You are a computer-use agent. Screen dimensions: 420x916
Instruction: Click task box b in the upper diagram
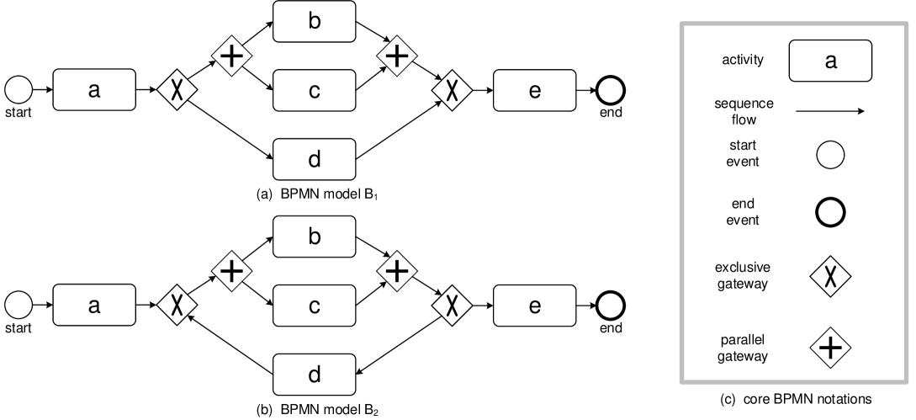tap(314, 22)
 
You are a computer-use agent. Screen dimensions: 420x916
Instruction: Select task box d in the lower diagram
tap(314, 375)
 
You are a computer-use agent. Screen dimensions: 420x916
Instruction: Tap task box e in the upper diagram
tap(534, 90)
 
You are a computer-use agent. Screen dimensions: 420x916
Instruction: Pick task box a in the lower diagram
tap(94, 305)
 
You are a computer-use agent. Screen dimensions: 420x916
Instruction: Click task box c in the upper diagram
tap(314, 90)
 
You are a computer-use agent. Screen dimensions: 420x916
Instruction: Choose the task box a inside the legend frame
tap(829, 61)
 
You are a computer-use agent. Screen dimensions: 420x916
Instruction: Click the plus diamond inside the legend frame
tap(830, 347)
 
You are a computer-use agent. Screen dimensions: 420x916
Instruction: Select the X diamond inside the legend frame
tap(830, 276)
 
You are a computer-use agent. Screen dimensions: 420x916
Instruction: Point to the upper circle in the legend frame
tap(830, 155)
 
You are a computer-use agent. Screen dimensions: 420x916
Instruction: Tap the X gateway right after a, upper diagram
tap(177, 90)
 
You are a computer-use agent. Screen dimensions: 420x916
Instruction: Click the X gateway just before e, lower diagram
tap(452, 305)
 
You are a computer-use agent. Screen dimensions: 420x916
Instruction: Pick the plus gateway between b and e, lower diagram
tap(397, 270)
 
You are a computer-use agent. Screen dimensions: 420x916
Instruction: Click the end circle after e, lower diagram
tap(610, 305)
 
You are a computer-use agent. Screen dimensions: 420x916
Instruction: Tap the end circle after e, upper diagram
tap(610, 90)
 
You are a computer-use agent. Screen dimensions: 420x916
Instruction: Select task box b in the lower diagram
tap(314, 237)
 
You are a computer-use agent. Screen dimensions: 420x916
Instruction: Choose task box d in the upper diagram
tap(314, 159)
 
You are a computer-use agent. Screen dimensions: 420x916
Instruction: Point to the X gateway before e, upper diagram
tap(452, 90)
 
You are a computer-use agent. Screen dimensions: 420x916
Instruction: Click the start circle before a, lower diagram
tap(19, 305)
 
